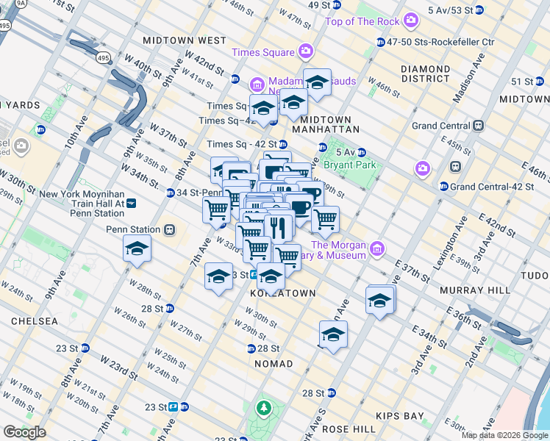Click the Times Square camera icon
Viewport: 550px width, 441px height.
(x=306, y=51)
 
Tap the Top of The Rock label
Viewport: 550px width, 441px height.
(x=362, y=21)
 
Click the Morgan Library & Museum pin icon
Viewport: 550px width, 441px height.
(x=377, y=250)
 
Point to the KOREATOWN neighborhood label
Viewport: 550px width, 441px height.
(x=283, y=293)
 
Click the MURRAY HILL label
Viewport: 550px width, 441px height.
(x=474, y=290)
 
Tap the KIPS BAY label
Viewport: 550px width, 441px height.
(x=400, y=416)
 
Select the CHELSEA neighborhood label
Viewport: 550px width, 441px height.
(x=35, y=321)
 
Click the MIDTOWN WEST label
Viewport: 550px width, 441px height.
(x=185, y=40)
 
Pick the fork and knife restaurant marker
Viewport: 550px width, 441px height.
(x=279, y=227)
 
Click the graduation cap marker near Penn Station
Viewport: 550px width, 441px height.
(x=137, y=249)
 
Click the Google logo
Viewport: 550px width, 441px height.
(x=24, y=432)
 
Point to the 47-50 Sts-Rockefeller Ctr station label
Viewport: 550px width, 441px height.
(x=440, y=43)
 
